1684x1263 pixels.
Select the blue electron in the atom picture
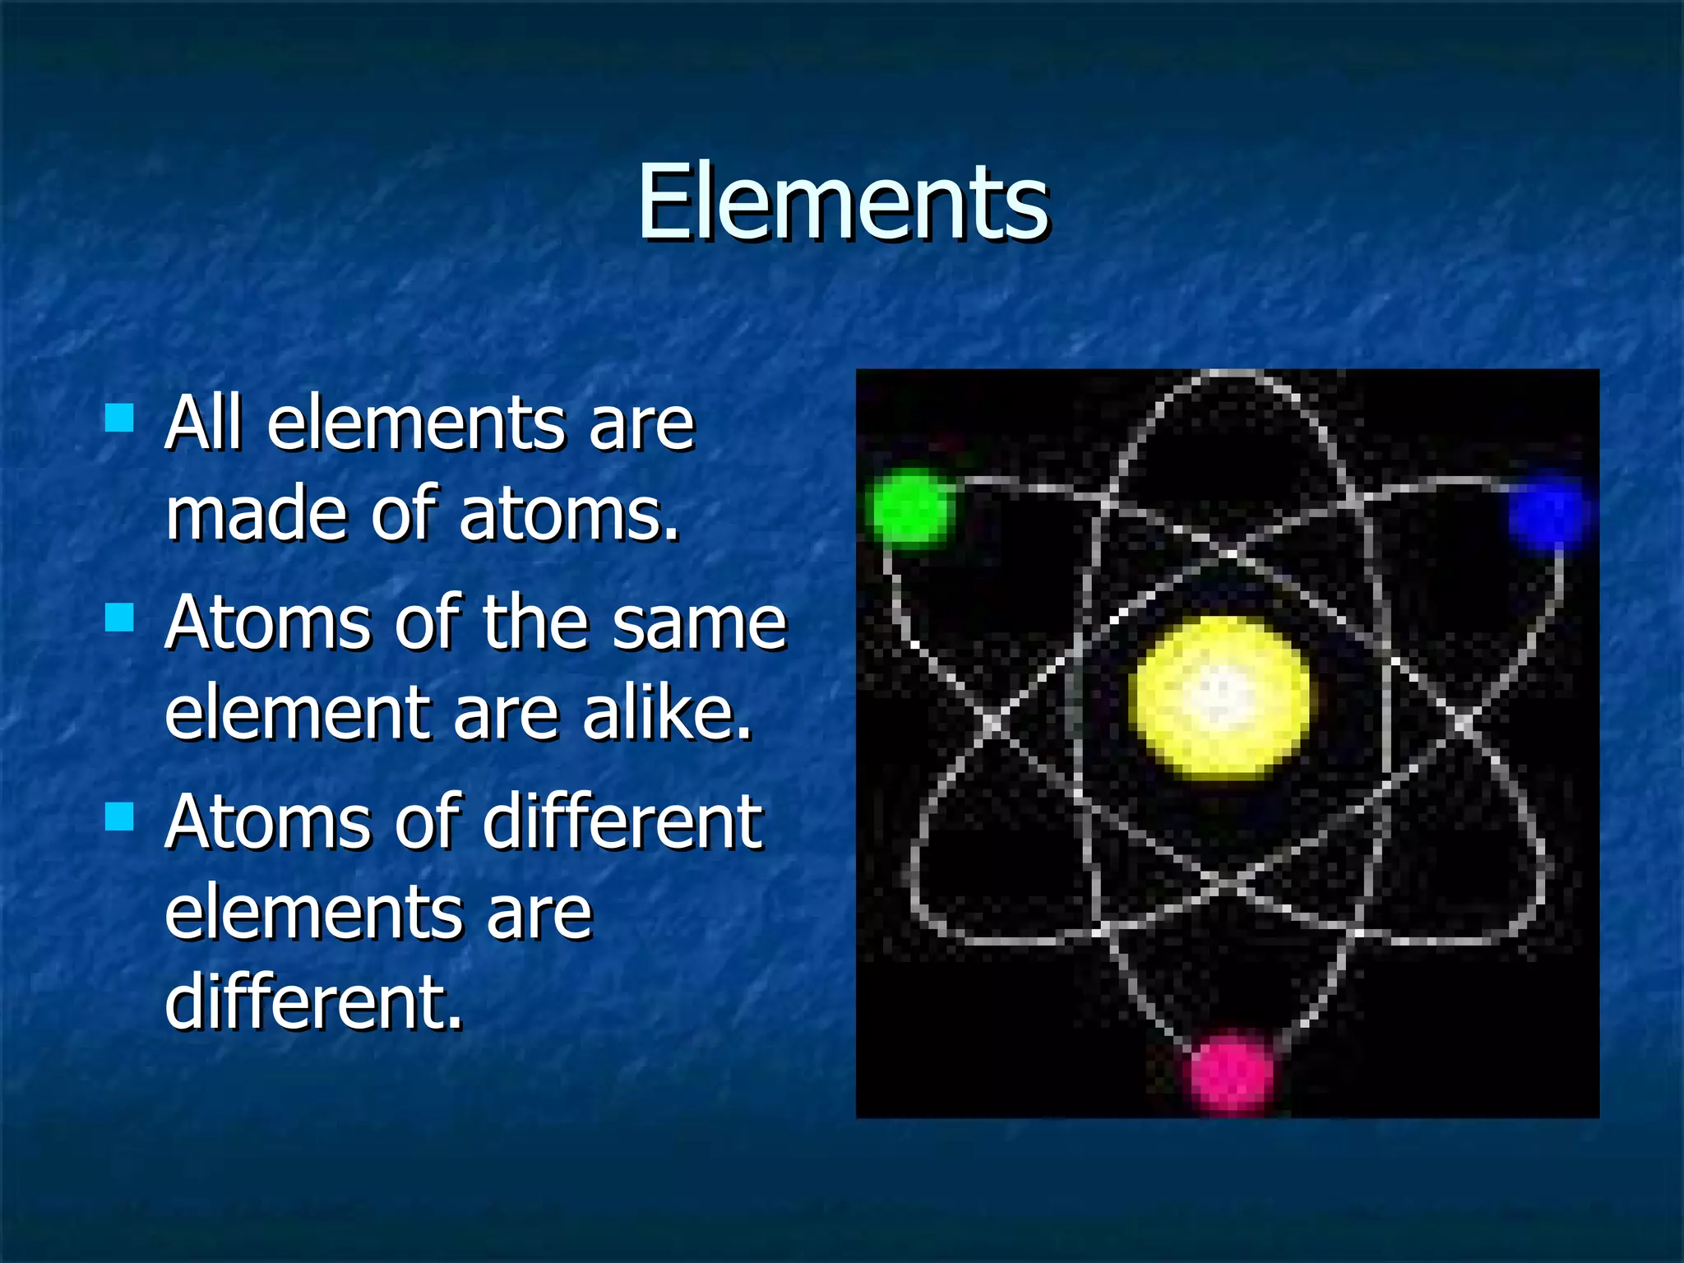click(x=1547, y=511)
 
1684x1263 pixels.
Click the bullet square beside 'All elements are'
click(x=120, y=418)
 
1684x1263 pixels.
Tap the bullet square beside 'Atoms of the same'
click(x=120, y=617)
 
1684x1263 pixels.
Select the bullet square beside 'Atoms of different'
click(x=120, y=817)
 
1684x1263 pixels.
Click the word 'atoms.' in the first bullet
click(x=569, y=514)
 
